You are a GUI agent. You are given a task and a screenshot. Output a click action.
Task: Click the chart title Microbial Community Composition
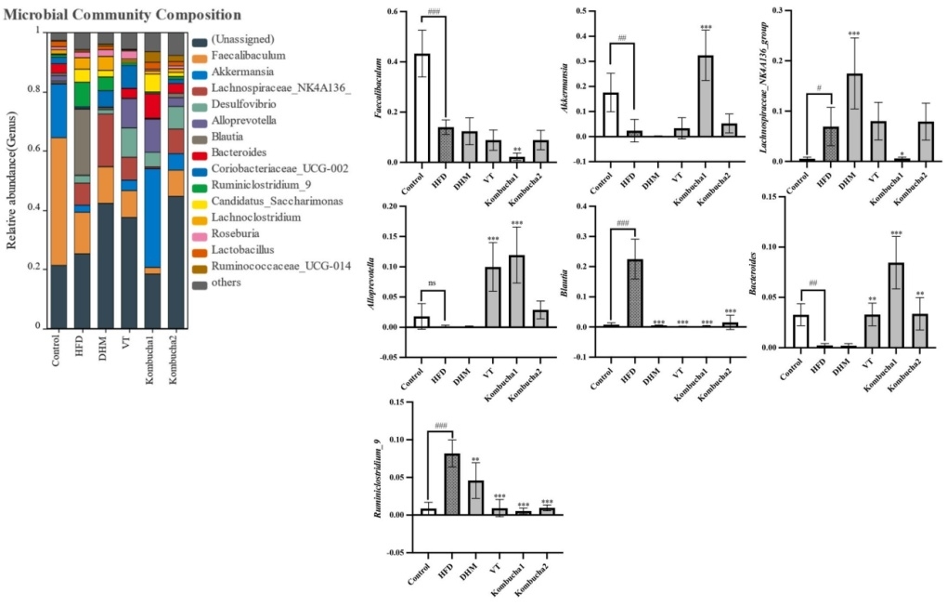point(123,16)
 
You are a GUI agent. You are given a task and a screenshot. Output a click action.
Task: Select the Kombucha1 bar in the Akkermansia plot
point(706,96)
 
